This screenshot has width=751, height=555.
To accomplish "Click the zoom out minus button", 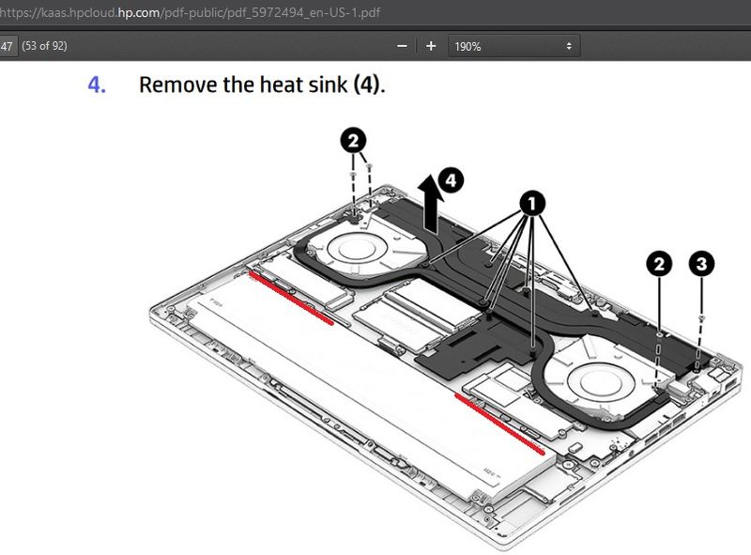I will point(402,46).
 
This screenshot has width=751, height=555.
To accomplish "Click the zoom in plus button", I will point(431,46).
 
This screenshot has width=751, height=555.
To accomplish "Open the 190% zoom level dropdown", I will point(513,46).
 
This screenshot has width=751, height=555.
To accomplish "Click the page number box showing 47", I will point(8,46).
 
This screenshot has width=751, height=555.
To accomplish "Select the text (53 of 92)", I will point(44,46).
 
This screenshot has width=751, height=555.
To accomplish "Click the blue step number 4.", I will point(97,85).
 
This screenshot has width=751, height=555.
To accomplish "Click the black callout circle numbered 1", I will point(531,202).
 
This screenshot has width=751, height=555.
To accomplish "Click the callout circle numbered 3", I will point(700,264).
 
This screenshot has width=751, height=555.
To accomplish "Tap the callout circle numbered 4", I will point(452,179).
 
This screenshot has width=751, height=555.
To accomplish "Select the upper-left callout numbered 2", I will point(352,141).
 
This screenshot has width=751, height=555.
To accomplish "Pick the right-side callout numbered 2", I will point(659,264).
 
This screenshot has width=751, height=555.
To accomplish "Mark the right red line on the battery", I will point(498,423).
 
